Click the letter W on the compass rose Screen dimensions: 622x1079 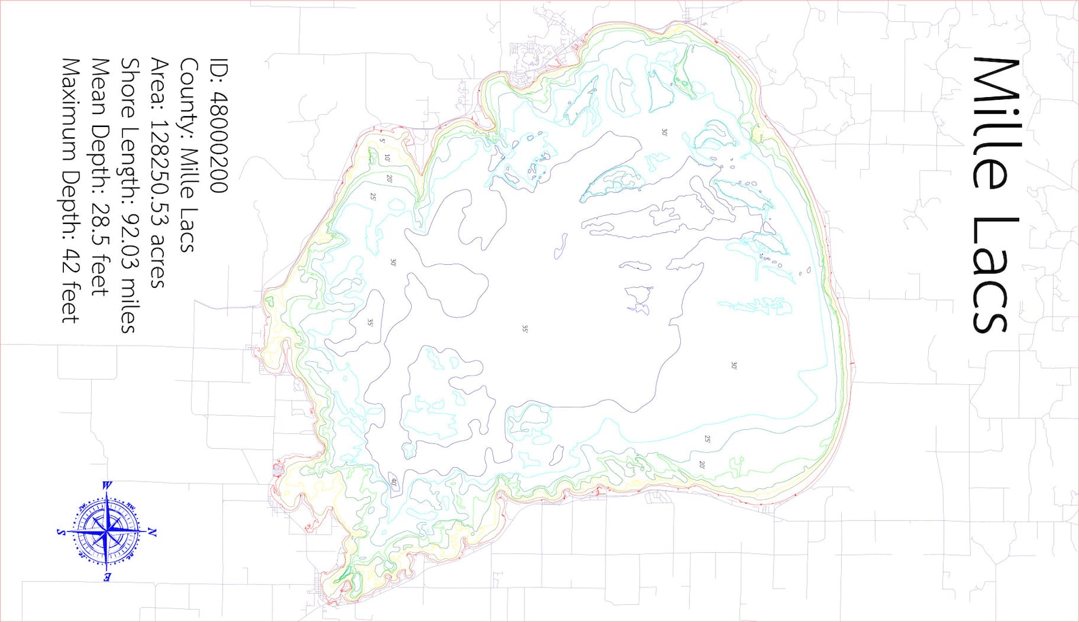107,486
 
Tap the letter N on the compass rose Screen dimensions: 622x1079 152,532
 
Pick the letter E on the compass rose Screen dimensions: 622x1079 107,577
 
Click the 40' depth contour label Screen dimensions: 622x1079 393,482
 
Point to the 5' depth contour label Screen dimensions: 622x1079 383,141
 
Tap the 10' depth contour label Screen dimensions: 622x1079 387,158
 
